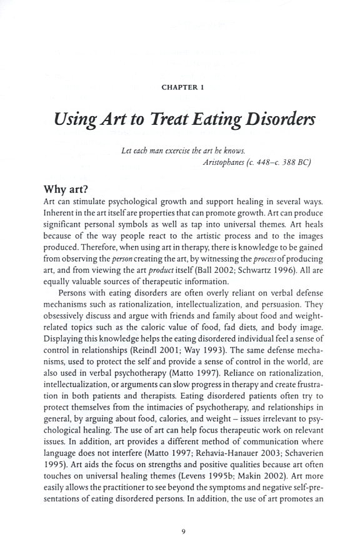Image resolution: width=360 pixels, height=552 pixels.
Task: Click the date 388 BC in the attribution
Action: coord(285,162)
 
